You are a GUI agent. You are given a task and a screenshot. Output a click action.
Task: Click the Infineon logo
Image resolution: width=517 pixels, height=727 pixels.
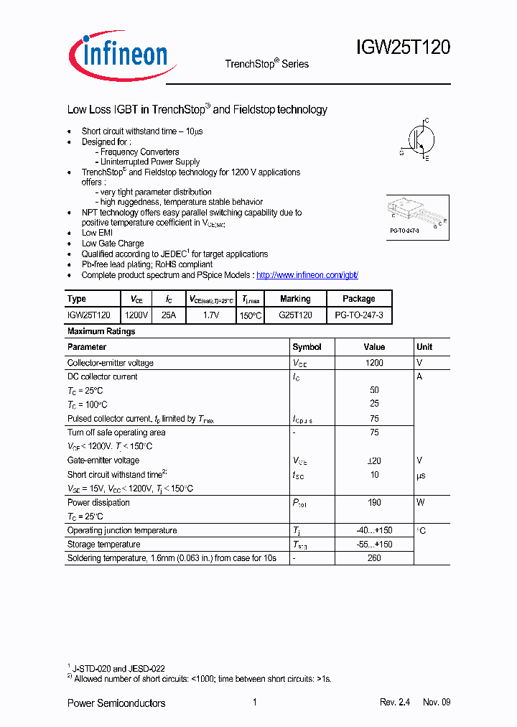pos(118,54)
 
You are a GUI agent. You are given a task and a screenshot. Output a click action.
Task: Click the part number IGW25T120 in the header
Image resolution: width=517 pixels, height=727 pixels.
pos(403,48)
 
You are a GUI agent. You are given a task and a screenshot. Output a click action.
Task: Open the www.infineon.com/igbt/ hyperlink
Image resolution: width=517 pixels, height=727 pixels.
pos(307,275)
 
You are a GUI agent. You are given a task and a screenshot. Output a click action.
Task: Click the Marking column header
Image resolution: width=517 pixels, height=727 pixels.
pos(295,299)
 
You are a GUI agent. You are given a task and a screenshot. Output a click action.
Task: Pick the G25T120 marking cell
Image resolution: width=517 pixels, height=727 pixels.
pos(295,315)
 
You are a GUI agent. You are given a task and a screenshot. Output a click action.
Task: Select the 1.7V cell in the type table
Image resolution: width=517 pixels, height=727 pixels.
pos(210,315)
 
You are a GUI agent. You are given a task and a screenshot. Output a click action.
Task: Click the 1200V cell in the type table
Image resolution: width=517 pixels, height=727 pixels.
pos(136,315)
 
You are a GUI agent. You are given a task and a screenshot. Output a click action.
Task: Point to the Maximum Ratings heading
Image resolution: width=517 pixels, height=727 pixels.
pos(101,331)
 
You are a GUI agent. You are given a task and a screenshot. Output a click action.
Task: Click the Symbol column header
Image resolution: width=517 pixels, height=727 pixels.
pos(307,347)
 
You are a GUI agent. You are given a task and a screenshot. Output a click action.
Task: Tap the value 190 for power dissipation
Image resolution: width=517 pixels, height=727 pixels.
pos(374,503)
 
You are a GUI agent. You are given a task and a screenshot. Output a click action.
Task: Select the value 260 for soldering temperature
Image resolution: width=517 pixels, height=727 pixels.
pos(374,558)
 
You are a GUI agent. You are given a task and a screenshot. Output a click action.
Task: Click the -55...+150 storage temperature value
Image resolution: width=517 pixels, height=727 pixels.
pos(374,545)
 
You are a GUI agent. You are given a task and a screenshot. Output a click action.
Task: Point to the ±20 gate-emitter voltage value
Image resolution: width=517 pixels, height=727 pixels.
pos(374,460)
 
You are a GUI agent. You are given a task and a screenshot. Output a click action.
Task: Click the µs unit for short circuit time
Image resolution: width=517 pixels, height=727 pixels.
pos(421,475)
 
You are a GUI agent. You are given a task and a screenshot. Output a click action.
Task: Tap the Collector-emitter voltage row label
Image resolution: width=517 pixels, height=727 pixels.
pos(111,363)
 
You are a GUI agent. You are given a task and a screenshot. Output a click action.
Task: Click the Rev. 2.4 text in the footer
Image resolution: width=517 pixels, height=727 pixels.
pos(394,703)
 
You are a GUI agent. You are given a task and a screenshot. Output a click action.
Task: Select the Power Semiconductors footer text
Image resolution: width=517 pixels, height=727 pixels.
pos(116,703)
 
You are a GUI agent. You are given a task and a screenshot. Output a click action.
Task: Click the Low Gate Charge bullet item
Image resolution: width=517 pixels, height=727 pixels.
pos(113,244)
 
